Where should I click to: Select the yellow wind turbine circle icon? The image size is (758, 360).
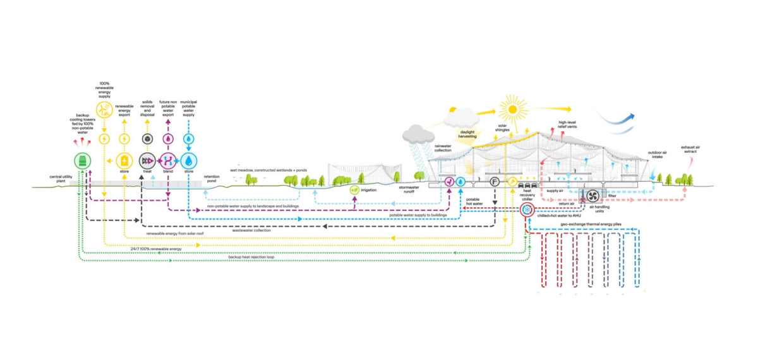click(x=104, y=109)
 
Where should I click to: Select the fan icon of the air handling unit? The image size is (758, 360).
click(x=593, y=195)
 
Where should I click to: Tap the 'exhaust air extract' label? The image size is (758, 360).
click(x=694, y=150)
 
